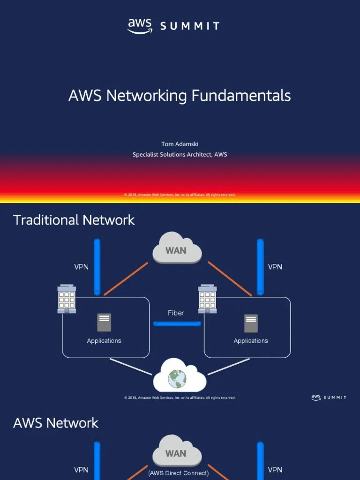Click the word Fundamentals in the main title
click(241, 96)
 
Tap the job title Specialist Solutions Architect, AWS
click(180, 154)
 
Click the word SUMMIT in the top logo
click(190, 26)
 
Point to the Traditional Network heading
click(74, 220)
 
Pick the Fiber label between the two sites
click(176, 313)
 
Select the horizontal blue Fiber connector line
click(177, 323)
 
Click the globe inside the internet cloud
click(177, 378)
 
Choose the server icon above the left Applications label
click(104, 323)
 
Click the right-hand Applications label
click(251, 341)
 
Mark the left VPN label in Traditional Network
click(81, 267)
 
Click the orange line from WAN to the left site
click(126, 279)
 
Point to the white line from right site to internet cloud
click(228, 367)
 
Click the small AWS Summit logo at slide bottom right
click(329, 397)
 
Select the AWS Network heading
click(56, 423)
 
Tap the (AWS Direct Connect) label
click(179, 473)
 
